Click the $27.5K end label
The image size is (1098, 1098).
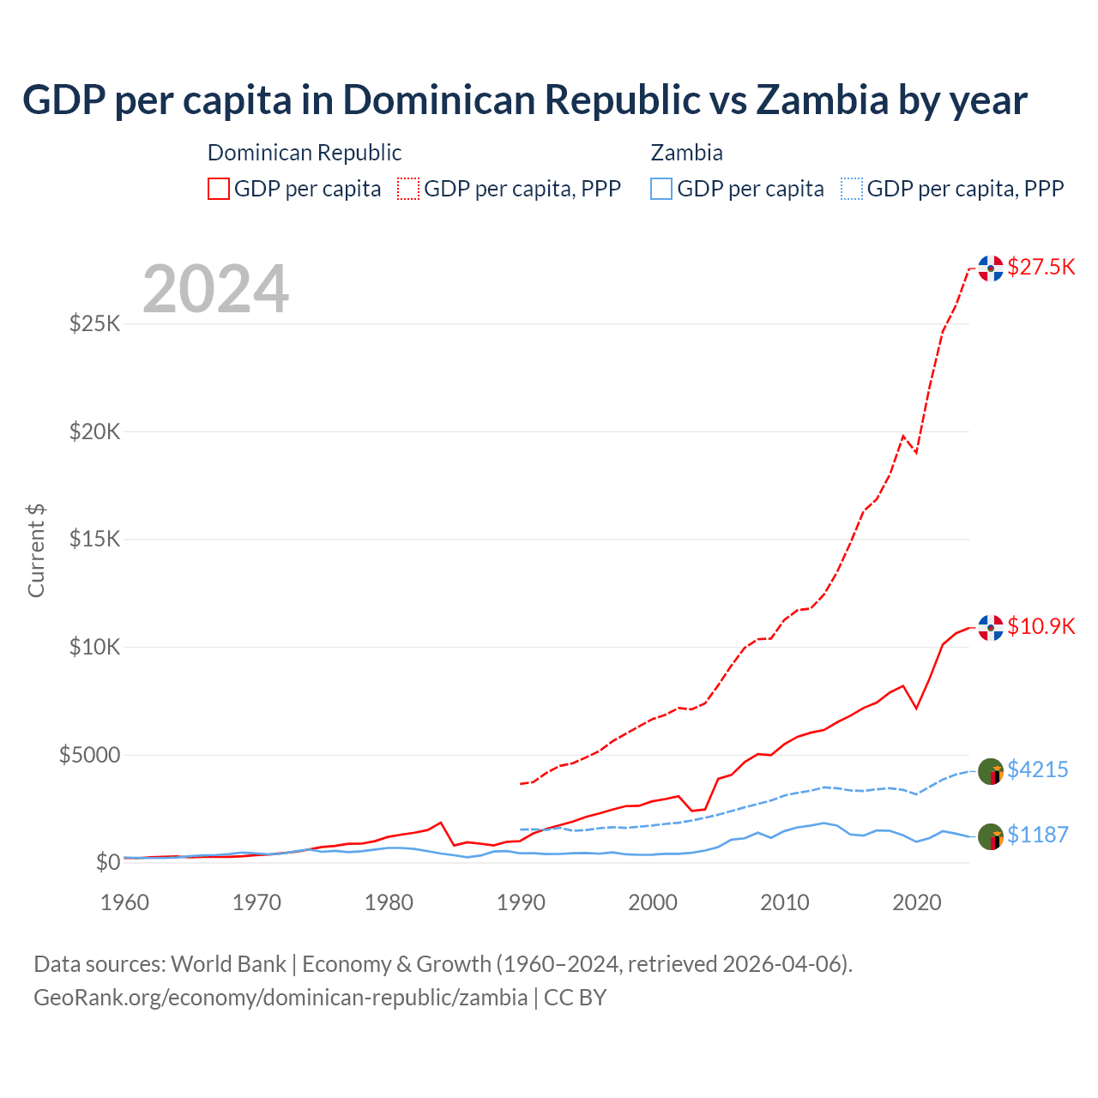(x=1041, y=267)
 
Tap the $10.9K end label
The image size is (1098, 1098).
(x=1041, y=626)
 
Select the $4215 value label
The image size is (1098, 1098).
(x=1037, y=769)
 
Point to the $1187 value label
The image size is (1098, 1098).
(x=1037, y=835)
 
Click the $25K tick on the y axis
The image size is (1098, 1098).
(x=94, y=323)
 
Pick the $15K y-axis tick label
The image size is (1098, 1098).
(x=94, y=540)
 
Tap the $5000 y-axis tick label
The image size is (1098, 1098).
(x=89, y=755)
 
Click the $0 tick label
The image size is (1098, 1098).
(x=107, y=862)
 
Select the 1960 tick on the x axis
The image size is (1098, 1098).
(x=125, y=902)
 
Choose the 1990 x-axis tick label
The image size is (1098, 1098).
(x=521, y=902)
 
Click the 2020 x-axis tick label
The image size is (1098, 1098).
(x=917, y=902)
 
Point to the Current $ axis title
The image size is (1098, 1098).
(x=36, y=551)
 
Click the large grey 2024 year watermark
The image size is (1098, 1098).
(x=215, y=290)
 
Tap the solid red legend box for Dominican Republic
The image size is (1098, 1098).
(x=219, y=189)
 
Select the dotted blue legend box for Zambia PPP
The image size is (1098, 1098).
(x=852, y=189)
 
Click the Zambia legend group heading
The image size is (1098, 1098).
(x=686, y=153)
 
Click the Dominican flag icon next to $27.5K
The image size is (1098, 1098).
(x=991, y=268)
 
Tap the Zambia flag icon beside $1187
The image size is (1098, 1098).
(x=991, y=836)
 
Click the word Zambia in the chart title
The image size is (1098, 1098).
(x=822, y=100)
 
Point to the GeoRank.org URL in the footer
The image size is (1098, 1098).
(x=281, y=998)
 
